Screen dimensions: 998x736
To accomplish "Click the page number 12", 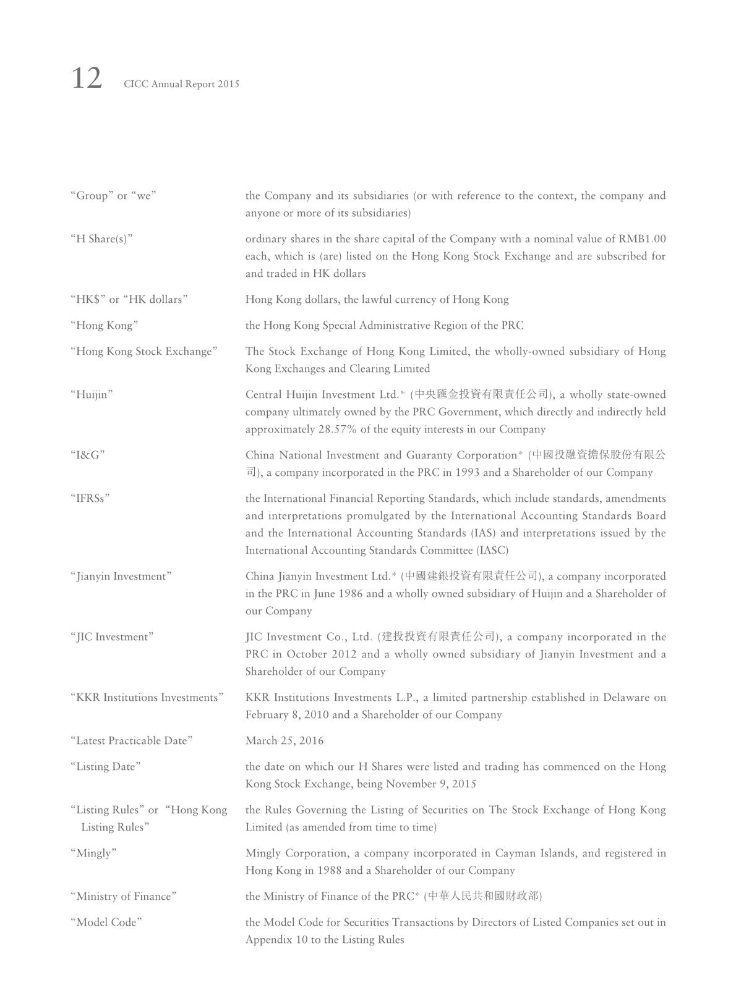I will pyautogui.click(x=87, y=79).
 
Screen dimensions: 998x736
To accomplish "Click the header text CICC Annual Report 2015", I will pyautogui.click(x=181, y=84).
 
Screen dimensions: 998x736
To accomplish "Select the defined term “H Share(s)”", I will pyautogui.click(x=101, y=239).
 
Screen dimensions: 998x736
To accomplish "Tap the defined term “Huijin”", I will pyautogui.click(x=92, y=395).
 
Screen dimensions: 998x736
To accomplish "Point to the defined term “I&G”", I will pyautogui.click(x=88, y=455).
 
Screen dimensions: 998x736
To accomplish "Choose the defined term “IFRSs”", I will pyautogui.click(x=90, y=499).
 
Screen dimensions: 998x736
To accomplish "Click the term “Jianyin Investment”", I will pyautogui.click(x=121, y=577).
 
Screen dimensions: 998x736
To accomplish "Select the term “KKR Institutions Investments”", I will pyautogui.click(x=147, y=698).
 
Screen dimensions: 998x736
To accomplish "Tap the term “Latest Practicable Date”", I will pyautogui.click(x=132, y=741).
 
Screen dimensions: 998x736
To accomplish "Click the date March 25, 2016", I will pyautogui.click(x=285, y=741).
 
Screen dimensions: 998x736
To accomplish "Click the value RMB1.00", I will pyautogui.click(x=642, y=239).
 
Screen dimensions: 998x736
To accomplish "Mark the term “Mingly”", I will pyautogui.click(x=94, y=853).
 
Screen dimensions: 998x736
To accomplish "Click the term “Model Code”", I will pyautogui.click(x=106, y=923).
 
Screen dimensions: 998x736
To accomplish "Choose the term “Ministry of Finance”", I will pyautogui.click(x=124, y=897).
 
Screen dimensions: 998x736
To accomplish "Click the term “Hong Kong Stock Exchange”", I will pyautogui.click(x=144, y=352).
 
